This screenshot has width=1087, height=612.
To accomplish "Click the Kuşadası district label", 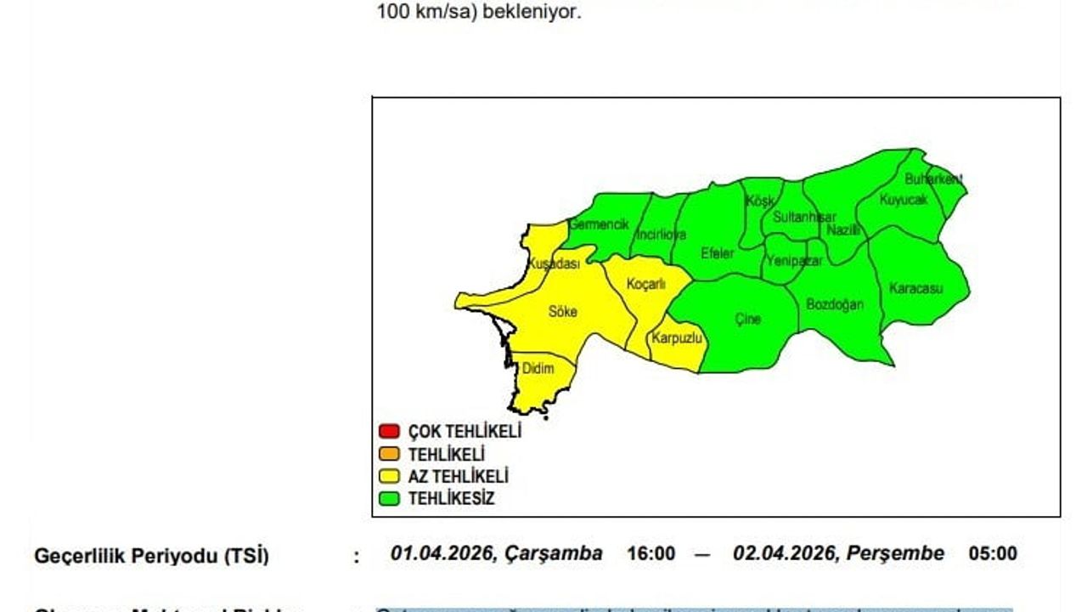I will (x=554, y=264).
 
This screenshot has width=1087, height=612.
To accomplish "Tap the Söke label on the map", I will (x=562, y=312).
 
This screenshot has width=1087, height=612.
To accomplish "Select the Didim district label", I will (x=538, y=369).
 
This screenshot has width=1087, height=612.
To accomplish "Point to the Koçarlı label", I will (x=645, y=285).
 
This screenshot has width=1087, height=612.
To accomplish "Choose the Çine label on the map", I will (x=747, y=320).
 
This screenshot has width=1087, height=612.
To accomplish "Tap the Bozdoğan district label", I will (x=834, y=304).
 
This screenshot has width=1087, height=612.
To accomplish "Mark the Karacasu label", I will (x=915, y=288).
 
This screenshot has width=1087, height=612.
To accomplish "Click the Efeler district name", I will (x=717, y=253).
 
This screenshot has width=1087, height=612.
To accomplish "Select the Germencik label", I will (x=599, y=224).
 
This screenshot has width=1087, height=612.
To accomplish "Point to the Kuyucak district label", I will (x=903, y=201).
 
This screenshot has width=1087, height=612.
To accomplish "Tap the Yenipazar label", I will (x=794, y=262).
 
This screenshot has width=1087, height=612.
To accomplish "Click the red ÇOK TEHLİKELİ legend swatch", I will (x=389, y=431).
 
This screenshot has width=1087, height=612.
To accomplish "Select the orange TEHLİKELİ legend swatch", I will (x=389, y=454).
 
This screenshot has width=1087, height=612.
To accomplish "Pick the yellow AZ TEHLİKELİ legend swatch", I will (x=389, y=477).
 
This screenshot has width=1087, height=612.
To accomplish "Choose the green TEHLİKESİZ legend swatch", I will (x=389, y=499).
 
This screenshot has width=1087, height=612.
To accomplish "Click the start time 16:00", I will (x=651, y=554).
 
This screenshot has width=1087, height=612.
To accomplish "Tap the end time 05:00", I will (x=993, y=554).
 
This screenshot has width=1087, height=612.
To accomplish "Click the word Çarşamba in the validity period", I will (x=554, y=554).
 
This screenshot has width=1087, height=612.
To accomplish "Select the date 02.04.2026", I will (x=785, y=554).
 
